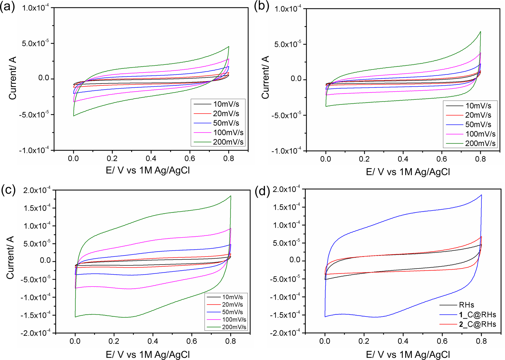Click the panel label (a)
click(x=7, y=7)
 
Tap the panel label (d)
click(x=262, y=191)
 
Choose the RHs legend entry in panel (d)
click(x=466, y=305)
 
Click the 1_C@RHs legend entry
click(x=477, y=315)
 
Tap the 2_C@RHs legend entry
click(x=477, y=324)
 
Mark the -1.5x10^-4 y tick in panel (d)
click(x=286, y=315)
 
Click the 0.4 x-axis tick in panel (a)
click(x=151, y=159)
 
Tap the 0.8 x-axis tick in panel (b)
click(x=481, y=159)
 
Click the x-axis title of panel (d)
click(x=408, y=354)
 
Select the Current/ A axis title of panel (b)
click(x=265, y=77)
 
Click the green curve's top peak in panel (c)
click(x=231, y=196)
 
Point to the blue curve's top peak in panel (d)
click(x=481, y=195)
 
